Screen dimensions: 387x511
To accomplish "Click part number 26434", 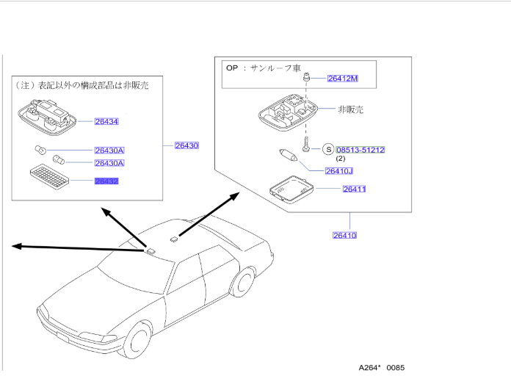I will point(106,121).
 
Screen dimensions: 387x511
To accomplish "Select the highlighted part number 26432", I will point(106,181).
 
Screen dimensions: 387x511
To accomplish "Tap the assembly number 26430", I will point(186,145).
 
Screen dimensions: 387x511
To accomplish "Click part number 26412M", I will point(343,79).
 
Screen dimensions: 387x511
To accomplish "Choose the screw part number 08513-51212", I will point(360,150).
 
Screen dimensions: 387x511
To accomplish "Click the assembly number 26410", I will point(344,235).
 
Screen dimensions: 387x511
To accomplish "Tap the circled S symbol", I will point(327,149).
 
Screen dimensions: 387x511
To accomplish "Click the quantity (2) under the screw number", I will point(341,159).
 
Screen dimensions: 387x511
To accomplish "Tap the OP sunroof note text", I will point(264,68).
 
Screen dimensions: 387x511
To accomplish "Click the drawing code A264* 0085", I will point(381,367).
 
